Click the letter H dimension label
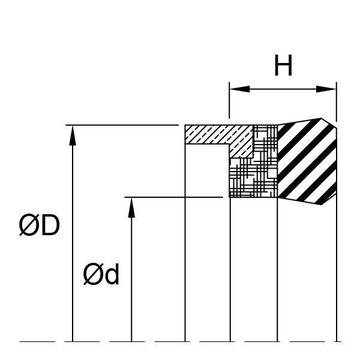tap(283, 65)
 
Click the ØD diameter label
tap(39, 225)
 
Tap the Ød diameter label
tap(101, 274)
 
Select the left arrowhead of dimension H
tap(239, 89)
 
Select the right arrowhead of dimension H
tap(326, 89)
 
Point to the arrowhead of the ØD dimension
tap(73, 136)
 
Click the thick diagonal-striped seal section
tap(307, 161)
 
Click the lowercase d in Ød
tap(113, 274)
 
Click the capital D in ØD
tap(51, 225)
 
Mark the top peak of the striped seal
tap(321, 118)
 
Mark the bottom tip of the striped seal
tap(321, 205)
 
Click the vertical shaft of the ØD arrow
tap(73, 244)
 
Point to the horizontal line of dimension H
tap(283, 89)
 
